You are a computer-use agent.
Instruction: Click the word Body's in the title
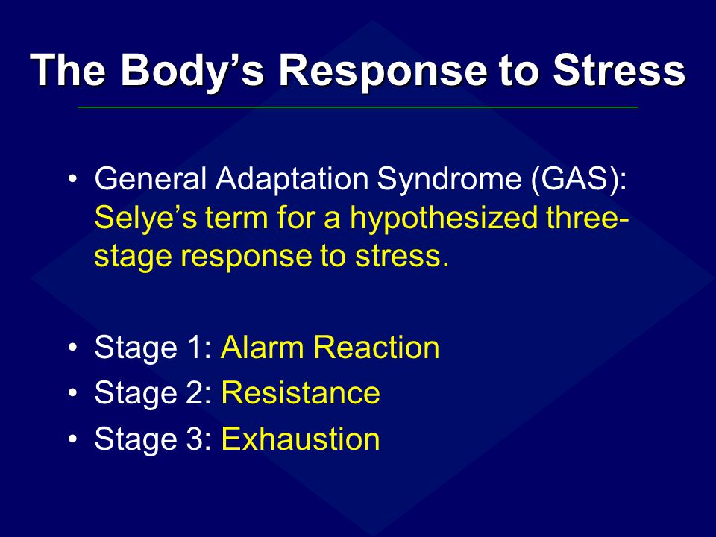[192, 71]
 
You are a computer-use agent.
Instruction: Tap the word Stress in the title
[619, 70]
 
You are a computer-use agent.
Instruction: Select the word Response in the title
[383, 72]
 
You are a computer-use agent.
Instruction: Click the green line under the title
[358, 107]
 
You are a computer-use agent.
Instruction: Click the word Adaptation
[292, 178]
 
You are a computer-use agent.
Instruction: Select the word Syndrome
[449, 178]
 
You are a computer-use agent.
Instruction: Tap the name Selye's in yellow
[146, 217]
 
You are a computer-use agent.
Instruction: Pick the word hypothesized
[444, 217]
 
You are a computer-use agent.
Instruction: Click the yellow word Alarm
[263, 347]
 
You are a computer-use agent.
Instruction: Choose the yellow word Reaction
[376, 347]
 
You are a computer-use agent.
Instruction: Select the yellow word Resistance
[301, 393]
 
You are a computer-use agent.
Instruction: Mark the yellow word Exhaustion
[301, 439]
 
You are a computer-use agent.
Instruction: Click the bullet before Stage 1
[72, 348]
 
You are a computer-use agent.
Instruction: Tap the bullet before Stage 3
[72, 439]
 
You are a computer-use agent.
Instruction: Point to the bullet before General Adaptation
[72, 178]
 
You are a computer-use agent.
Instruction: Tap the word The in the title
[68, 70]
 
